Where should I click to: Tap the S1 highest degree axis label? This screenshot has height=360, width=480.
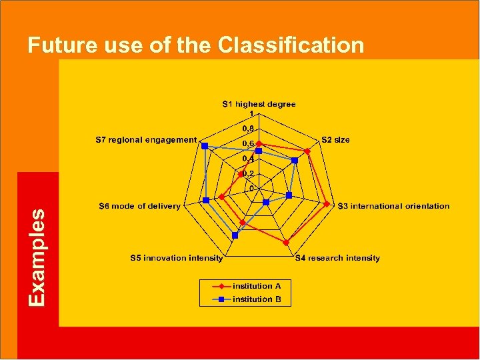tap(259, 104)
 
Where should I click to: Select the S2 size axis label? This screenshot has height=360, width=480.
tap(335, 140)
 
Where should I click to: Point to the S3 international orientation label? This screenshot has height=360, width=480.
tap(393, 206)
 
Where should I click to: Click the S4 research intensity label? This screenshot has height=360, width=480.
tap(337, 258)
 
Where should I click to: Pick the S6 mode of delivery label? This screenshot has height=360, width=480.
tap(139, 206)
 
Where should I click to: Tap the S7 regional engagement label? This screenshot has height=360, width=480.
tap(146, 140)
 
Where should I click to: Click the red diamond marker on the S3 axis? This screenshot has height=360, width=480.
tap(326, 205)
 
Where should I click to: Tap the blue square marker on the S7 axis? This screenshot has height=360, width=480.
tap(205, 145)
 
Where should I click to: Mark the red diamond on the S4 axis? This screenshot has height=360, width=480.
tap(285, 242)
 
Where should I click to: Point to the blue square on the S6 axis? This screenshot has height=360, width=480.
tap(207, 200)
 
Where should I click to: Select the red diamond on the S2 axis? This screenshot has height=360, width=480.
tap(307, 151)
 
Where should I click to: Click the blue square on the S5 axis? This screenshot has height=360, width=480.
tap(235, 234)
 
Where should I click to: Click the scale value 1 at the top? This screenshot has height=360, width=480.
tap(251, 113)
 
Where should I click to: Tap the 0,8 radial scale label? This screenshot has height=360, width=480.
tap(247, 129)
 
